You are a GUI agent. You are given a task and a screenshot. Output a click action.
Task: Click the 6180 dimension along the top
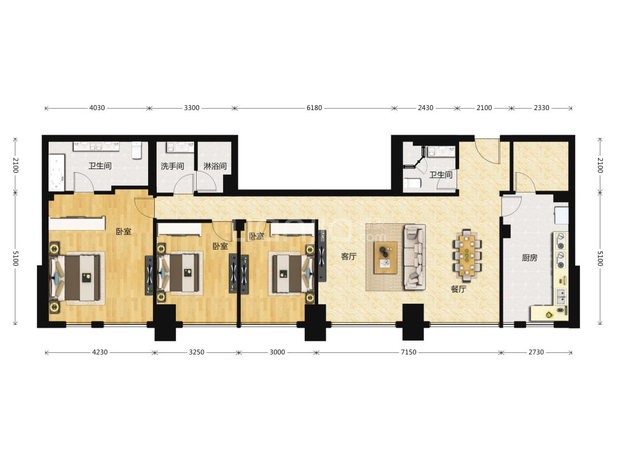(x=314, y=108)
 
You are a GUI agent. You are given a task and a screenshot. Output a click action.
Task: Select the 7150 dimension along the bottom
(x=409, y=352)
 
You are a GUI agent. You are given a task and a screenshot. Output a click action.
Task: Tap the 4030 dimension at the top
(x=97, y=108)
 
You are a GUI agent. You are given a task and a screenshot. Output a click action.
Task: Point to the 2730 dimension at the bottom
(x=536, y=352)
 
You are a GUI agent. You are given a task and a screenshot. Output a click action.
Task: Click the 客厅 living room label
(x=348, y=256)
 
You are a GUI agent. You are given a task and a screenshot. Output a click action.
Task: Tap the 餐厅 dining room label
(x=458, y=289)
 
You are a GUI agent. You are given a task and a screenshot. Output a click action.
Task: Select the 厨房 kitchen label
(x=530, y=258)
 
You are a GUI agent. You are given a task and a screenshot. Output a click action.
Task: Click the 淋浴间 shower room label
(x=215, y=166)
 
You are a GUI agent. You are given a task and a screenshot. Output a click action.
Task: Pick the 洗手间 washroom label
(x=172, y=166)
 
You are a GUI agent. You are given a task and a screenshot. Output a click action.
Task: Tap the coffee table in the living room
(x=385, y=258)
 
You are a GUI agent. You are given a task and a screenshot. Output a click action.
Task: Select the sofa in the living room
(x=415, y=257)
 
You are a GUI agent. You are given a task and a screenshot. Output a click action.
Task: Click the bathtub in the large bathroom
(x=57, y=173)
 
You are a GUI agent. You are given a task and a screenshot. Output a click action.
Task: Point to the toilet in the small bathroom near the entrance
(x=412, y=183)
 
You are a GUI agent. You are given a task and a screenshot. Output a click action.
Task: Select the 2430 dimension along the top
(x=425, y=108)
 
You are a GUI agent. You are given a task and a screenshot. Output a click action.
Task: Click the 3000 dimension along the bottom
(x=277, y=352)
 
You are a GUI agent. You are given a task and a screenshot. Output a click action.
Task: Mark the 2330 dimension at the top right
(x=541, y=108)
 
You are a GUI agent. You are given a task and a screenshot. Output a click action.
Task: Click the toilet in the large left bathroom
(x=136, y=151)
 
